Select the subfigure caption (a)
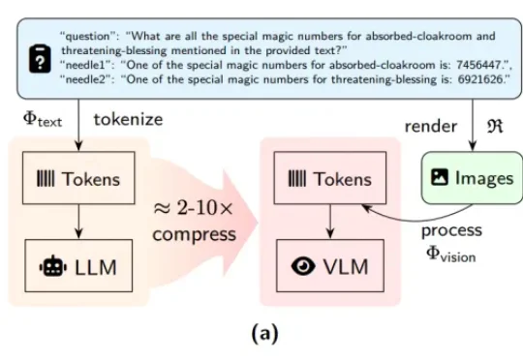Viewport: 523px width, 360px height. [264, 335]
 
